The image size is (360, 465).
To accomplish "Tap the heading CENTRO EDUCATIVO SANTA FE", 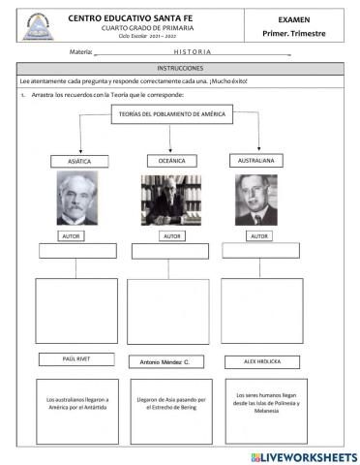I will (x=140, y=17).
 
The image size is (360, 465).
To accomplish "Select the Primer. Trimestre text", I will (x=294, y=33).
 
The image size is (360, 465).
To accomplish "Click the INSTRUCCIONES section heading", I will (x=179, y=69).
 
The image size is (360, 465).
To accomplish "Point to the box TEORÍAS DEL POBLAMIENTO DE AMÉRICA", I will (x=170, y=115).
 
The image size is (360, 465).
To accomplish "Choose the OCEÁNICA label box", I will (x=170, y=160).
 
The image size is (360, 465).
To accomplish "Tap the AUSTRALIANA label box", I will (x=255, y=160).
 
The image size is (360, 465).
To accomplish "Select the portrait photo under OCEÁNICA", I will (x=170, y=201).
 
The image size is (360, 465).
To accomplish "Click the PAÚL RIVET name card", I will (x=81, y=360).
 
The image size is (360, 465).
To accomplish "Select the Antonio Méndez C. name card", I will (x=170, y=361).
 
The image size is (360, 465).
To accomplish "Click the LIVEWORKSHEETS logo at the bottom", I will (x=303, y=455).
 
